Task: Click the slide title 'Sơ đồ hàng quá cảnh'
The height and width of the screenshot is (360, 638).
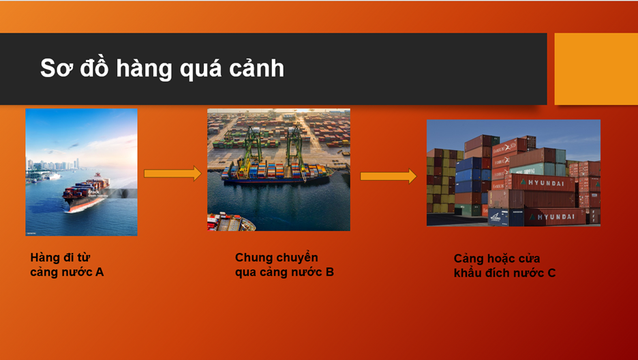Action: coord(162,68)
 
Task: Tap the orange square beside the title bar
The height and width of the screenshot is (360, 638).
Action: coord(596,69)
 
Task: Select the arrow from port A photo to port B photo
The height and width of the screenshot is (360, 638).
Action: coord(172,174)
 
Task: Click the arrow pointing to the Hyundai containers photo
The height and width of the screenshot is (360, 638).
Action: coord(388,176)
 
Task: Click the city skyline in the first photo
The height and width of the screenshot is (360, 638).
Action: coord(53,165)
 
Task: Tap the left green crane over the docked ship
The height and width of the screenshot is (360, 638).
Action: coord(252,149)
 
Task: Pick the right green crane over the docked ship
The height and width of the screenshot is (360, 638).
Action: coord(294,149)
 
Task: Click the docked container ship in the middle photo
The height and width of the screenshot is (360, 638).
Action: coord(277,173)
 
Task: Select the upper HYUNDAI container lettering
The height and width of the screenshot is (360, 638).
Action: coord(548,183)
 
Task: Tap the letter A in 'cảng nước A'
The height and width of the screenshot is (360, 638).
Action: coord(100,272)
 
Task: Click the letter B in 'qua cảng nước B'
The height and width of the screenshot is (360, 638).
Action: coord(330,272)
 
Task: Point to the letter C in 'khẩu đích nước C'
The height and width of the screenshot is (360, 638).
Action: coord(551,273)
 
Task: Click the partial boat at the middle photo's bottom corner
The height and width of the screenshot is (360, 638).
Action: coord(230,222)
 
